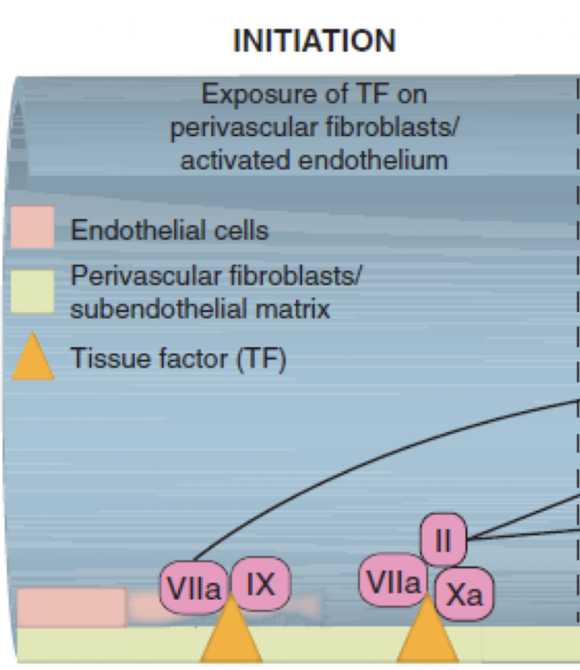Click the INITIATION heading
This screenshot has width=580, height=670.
(314, 40)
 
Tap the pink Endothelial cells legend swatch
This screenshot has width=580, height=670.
(32, 227)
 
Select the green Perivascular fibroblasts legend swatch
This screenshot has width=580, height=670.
(32, 291)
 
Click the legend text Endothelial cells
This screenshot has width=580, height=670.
(169, 229)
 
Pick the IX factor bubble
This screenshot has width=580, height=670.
(260, 584)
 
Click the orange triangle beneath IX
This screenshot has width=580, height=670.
(232, 632)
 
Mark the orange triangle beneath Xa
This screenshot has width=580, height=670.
(427, 632)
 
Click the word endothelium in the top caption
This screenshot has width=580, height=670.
(380, 160)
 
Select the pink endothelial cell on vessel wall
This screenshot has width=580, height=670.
(71, 607)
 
